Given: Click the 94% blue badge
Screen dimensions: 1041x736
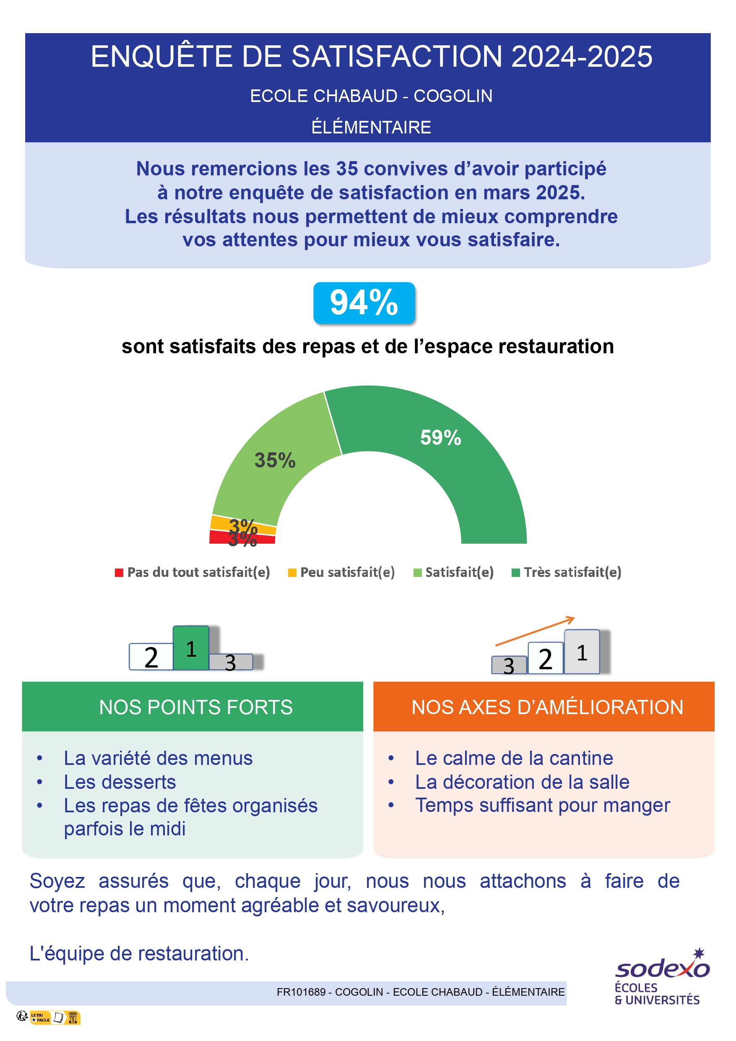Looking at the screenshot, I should coord(364,303).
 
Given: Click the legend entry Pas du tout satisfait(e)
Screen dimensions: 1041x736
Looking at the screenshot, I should coord(192,572).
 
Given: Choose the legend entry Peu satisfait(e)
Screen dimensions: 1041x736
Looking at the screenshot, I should coord(342,572).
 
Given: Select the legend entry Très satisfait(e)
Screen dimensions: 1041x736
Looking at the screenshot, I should coord(567,572).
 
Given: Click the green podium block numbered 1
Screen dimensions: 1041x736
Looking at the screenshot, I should coord(191,648).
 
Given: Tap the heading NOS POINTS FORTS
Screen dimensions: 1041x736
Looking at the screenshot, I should coord(196,707).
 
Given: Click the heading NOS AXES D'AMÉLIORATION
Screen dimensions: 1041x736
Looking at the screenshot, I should coord(547,707).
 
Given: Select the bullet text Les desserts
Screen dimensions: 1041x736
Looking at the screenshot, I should coord(120,782).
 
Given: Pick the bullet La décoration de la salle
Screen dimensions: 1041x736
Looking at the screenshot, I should coord(522,782).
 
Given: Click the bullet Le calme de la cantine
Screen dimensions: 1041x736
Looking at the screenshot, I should coord(514,758).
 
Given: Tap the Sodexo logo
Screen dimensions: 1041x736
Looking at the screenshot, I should coord(662,977).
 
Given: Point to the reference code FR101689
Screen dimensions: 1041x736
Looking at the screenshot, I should coord(301,992).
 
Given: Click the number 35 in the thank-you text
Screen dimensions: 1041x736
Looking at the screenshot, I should coord(347,169).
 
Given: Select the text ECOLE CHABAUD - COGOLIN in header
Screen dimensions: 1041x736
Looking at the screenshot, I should coord(371,96).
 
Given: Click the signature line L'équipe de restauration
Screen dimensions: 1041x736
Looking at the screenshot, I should coord(139,953).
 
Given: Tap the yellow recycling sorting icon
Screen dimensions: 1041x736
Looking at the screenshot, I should coord(55,1018).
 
